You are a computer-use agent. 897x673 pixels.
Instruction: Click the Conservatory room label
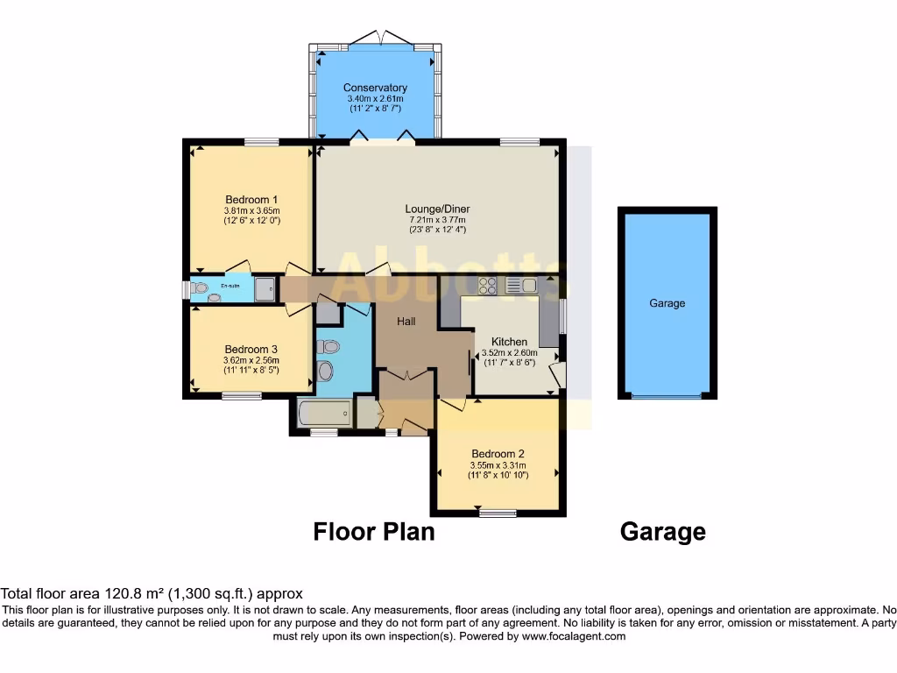[x=375, y=88]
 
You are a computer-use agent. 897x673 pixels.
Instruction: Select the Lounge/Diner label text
[x=437, y=209]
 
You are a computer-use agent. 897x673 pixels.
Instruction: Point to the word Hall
[x=406, y=322]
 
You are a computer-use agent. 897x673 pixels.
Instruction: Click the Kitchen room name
[x=509, y=342]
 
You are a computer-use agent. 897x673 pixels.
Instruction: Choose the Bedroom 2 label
[x=497, y=453]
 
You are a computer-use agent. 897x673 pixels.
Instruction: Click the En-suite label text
[x=230, y=286]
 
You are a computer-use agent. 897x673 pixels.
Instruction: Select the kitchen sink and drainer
[x=520, y=285]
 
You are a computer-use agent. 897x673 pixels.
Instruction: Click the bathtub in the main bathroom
[x=324, y=414]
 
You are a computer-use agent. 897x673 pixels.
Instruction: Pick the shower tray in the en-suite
[x=265, y=290]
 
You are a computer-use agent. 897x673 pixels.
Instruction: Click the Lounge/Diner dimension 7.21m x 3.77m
[x=437, y=220]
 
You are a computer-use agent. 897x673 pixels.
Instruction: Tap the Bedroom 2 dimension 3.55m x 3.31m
[x=497, y=464]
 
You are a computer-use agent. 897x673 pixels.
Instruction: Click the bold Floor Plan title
[x=374, y=532]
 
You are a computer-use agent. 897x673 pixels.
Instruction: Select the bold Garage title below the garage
[x=662, y=532]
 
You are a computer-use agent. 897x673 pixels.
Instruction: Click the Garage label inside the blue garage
[x=667, y=303]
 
